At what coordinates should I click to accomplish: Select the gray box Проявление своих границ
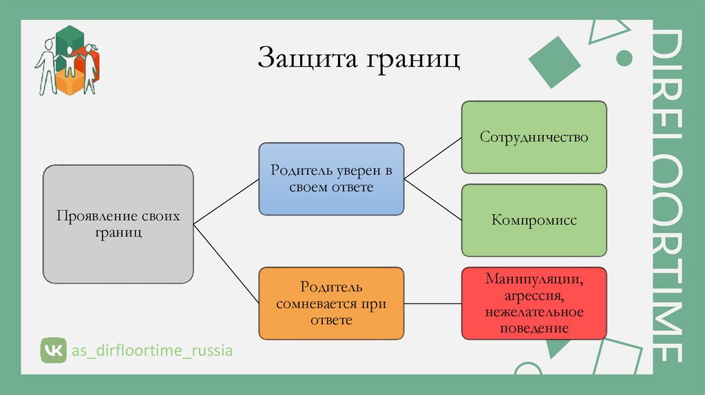click(118, 224)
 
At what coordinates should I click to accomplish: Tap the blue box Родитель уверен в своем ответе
click(331, 178)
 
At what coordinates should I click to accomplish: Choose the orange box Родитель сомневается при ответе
click(331, 303)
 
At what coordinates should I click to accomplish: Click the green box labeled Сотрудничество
click(534, 137)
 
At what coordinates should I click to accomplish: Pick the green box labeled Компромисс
click(534, 221)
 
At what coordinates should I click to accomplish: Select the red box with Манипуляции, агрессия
click(534, 303)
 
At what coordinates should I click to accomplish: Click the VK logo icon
click(52, 350)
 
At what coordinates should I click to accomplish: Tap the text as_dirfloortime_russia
click(153, 351)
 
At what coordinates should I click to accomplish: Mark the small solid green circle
click(624, 56)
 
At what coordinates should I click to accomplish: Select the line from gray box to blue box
click(226, 201)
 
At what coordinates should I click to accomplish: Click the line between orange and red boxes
click(432, 303)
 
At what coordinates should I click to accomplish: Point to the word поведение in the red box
click(535, 328)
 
